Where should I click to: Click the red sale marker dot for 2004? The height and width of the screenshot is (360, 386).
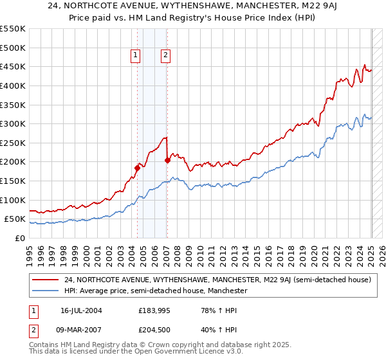click(137, 168)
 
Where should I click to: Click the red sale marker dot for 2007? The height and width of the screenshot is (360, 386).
click(167, 161)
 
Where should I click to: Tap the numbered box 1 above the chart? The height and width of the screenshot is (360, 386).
click(136, 56)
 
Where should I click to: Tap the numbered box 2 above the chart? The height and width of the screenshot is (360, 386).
click(165, 56)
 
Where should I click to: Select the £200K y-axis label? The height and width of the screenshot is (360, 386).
click(14, 162)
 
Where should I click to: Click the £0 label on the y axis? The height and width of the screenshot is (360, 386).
click(20, 239)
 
